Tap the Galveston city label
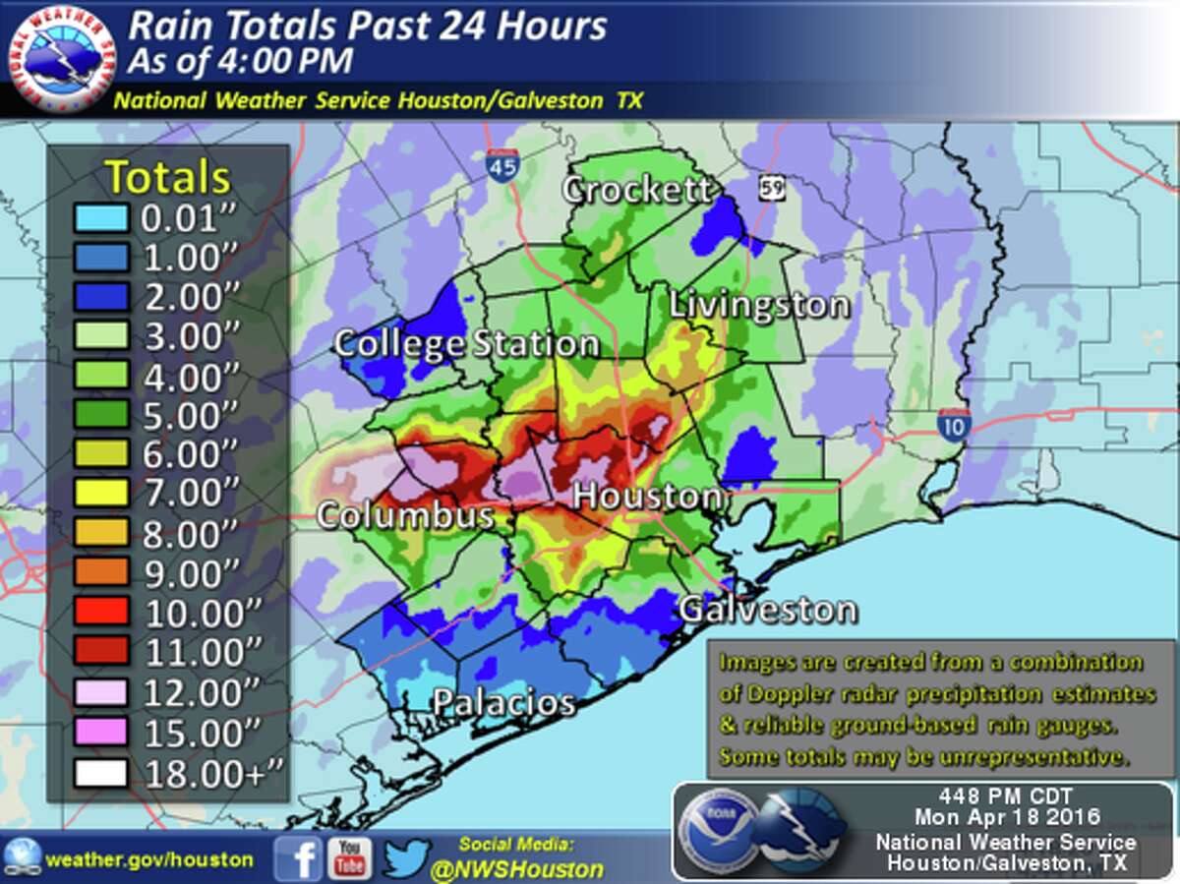(767, 610)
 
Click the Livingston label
(758, 305)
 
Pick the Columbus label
(404, 516)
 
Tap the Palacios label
(504, 703)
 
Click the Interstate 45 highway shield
(501, 163)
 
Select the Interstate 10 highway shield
(954, 424)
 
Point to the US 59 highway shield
(771, 187)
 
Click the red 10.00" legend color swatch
(99, 612)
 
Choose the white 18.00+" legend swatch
(99, 772)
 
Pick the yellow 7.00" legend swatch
(99, 493)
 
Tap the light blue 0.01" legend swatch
(99, 217)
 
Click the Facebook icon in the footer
(298, 857)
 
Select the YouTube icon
(349, 857)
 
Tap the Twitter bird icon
(406, 857)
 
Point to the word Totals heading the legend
(168, 177)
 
